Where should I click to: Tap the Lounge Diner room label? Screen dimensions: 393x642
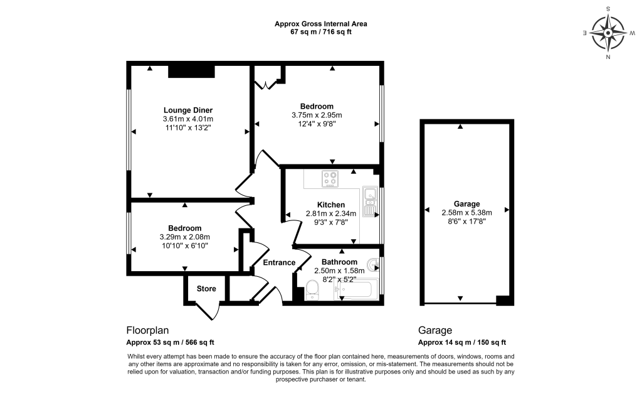[x=188, y=110]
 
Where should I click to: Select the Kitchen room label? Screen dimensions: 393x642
[x=330, y=205]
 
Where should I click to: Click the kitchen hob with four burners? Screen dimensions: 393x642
[x=330, y=180]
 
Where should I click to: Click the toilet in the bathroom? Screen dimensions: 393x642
[x=312, y=290]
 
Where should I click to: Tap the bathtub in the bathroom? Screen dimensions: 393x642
[x=357, y=291]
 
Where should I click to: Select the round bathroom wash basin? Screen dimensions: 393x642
[x=374, y=266]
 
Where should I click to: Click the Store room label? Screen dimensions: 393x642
[x=206, y=289]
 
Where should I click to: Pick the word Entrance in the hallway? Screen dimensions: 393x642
[x=278, y=262]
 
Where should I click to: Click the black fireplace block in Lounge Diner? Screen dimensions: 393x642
[x=191, y=72]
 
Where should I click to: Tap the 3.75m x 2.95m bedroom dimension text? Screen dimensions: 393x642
[x=317, y=115]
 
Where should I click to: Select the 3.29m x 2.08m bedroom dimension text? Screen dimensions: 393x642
[x=184, y=237]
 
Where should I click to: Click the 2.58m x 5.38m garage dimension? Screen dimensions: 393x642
[x=467, y=212]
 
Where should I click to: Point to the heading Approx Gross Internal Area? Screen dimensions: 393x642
[x=320, y=24]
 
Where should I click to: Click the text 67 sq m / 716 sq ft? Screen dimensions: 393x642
[x=320, y=32]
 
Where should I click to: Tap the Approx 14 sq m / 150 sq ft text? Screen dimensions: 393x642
[x=462, y=343]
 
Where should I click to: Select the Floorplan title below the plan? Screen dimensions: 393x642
[x=148, y=330]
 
